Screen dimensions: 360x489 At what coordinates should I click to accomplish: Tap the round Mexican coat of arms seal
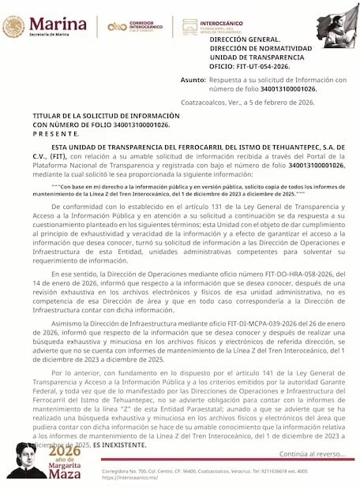coord(13,26)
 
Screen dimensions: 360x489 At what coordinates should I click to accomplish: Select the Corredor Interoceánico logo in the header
coord(134,26)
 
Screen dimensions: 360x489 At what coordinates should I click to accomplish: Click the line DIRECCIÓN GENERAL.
coord(245,39)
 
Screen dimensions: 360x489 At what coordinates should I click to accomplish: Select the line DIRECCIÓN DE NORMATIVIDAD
coord(260,47)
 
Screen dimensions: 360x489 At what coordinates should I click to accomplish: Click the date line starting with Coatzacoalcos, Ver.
coord(268,103)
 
